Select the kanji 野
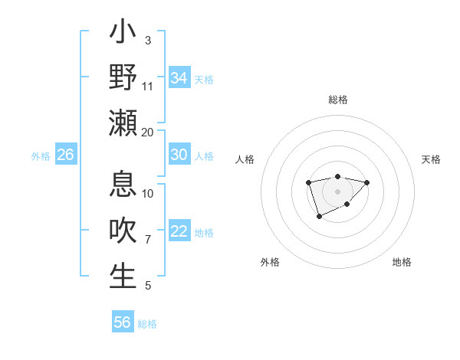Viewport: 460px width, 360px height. point(123,77)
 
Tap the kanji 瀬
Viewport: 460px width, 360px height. point(123,123)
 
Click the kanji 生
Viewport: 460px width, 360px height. point(123,277)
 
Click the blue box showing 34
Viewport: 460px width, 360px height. point(179,78)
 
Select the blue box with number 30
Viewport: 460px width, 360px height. point(179,155)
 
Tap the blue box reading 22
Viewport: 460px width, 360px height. point(179,231)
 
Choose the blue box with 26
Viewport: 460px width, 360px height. point(65,155)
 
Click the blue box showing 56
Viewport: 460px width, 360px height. point(122,322)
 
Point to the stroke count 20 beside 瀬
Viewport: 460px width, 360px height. point(148,132)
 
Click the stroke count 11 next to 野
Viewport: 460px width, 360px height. point(148,86)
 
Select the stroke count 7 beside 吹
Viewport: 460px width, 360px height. point(148,240)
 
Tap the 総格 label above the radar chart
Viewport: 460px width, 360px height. point(337,100)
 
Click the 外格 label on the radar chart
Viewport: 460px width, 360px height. point(270,262)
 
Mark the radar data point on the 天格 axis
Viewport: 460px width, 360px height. point(366,182)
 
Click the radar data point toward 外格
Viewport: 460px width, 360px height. point(319,217)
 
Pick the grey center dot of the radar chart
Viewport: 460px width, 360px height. point(337,191)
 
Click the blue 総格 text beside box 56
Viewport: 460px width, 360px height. point(147,324)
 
